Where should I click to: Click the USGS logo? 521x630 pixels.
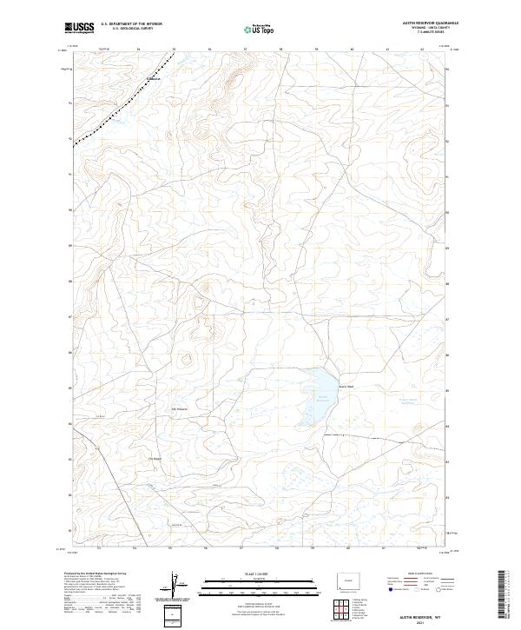point(79,28)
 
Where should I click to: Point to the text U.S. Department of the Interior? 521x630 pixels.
point(131,24)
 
